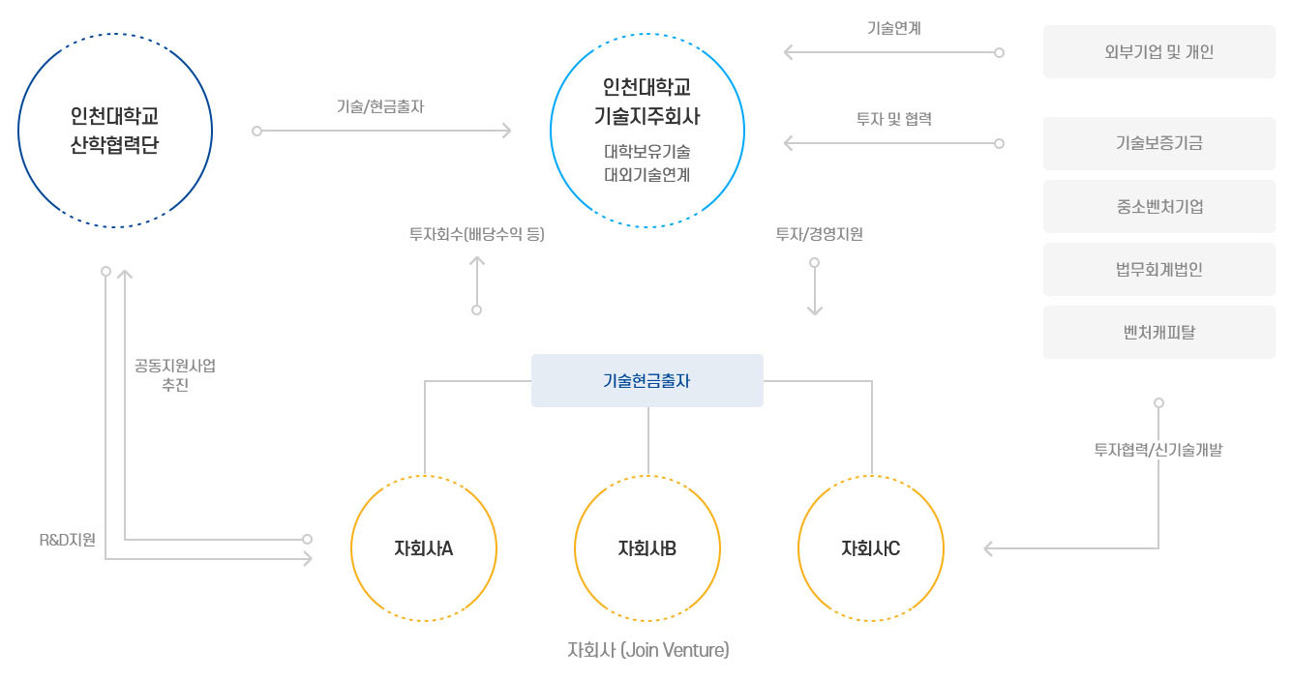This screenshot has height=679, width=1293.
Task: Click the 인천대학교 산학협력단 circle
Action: [114, 131]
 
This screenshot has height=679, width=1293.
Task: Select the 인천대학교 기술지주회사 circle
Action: [646, 131]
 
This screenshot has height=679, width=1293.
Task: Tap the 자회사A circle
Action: [424, 548]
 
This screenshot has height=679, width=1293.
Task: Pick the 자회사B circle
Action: [647, 548]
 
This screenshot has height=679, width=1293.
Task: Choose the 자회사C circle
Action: [871, 548]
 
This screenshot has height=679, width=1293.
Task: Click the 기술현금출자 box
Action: [646, 380]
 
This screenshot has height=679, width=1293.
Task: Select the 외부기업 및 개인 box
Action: [1158, 52]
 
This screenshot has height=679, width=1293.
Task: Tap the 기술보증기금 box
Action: [1158, 143]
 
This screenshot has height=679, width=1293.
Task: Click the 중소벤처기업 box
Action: [1158, 206]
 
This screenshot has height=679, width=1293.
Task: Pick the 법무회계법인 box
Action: [1158, 269]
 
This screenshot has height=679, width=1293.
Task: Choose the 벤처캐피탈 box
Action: [1158, 332]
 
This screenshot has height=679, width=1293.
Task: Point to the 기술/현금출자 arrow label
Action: [380, 107]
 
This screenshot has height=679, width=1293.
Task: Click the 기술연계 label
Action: [893, 28]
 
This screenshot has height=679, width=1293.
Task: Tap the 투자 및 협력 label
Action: [893, 119]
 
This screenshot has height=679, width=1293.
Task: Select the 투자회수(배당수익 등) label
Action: [476, 233]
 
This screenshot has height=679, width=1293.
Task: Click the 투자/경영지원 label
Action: [819, 233]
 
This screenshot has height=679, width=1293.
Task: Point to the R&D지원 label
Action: [68, 540]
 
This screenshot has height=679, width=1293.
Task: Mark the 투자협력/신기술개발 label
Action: [1158, 450]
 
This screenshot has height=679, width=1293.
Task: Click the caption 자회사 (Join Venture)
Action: [647, 650]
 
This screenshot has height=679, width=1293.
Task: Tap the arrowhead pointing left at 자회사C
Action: [989, 549]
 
